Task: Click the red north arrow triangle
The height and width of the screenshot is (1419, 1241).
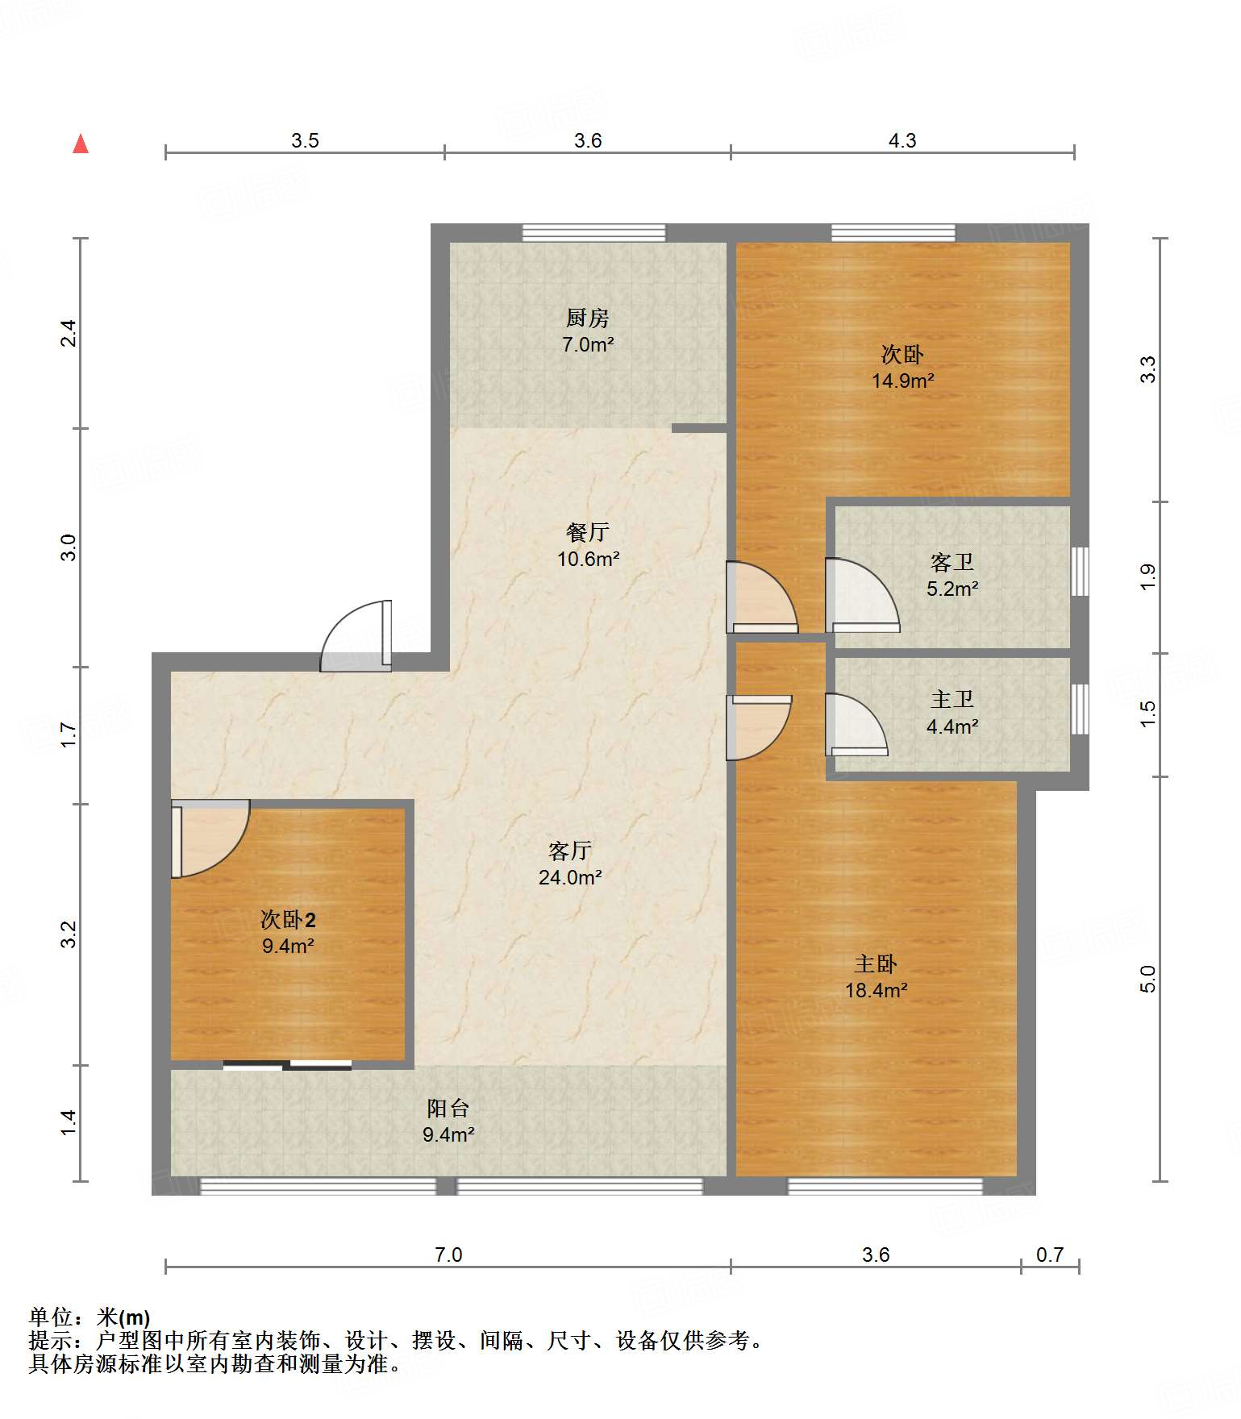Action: click(x=81, y=144)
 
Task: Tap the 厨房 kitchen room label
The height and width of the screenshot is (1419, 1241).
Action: click(x=587, y=318)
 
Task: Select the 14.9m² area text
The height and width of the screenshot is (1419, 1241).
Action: click(x=902, y=381)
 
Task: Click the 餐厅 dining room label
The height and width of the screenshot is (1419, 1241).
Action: click(x=587, y=532)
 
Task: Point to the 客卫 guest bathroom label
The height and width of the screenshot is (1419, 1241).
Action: click(x=952, y=562)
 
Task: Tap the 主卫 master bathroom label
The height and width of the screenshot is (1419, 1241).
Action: click(x=952, y=699)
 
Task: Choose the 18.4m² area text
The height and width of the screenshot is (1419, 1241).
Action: click(x=876, y=990)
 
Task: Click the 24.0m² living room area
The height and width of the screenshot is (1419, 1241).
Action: click(x=570, y=877)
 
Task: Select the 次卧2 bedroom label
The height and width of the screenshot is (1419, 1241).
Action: click(x=288, y=919)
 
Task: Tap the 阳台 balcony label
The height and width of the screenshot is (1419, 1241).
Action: click(x=448, y=1109)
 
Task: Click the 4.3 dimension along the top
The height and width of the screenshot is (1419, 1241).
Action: click(x=902, y=140)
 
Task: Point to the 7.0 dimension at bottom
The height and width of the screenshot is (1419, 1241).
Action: click(x=448, y=1255)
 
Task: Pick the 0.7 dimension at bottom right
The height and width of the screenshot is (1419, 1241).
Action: click(x=1050, y=1255)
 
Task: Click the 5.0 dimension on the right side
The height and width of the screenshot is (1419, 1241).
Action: click(x=1148, y=979)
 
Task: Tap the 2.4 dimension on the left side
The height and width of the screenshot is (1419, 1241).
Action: click(x=69, y=333)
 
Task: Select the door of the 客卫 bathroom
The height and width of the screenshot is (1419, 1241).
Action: click(x=862, y=595)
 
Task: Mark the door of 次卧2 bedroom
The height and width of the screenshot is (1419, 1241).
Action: click(x=210, y=838)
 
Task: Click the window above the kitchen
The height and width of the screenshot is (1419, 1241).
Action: click(x=594, y=233)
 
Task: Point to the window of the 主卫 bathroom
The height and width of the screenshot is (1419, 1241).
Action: click(x=1080, y=709)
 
